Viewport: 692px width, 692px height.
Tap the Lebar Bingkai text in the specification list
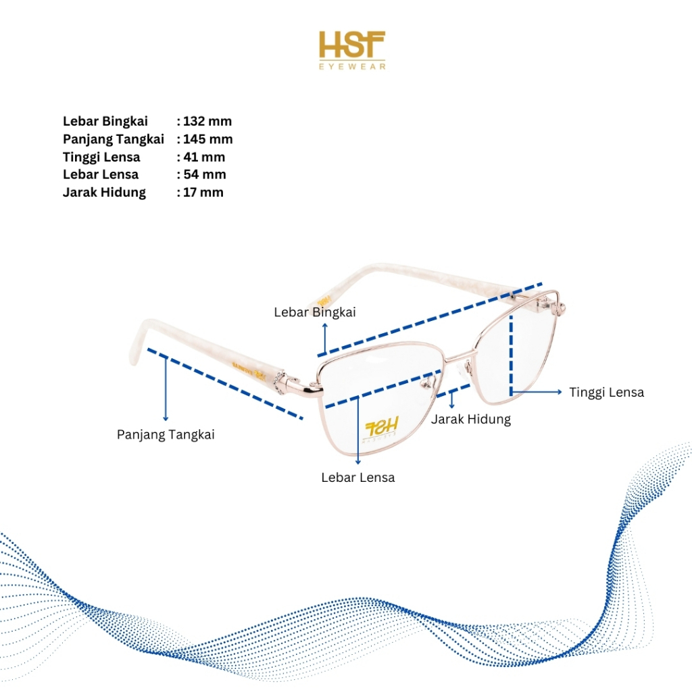(x=105, y=122)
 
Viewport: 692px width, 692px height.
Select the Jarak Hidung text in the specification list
(x=104, y=192)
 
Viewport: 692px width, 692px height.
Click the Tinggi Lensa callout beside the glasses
(x=606, y=392)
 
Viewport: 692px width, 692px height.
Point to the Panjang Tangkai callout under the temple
(x=166, y=435)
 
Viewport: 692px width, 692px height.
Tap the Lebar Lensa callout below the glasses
(x=358, y=477)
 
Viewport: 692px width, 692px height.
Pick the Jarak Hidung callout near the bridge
(x=471, y=419)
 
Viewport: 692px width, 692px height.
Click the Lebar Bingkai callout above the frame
(x=315, y=312)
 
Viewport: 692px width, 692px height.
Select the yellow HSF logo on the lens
(x=382, y=427)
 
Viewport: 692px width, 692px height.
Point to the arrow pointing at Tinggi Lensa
(x=537, y=392)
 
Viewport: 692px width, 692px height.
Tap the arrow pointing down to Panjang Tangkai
(x=166, y=389)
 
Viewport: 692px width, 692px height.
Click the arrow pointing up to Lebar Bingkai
(x=325, y=338)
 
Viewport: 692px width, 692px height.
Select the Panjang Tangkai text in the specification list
(x=114, y=139)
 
